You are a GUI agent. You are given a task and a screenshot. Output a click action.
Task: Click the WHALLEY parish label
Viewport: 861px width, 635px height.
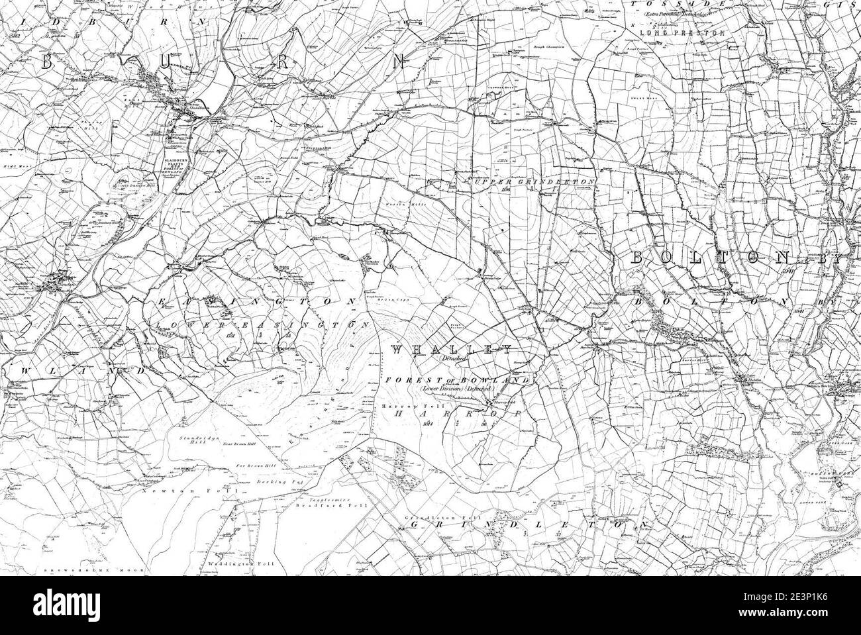click(x=451, y=349)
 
